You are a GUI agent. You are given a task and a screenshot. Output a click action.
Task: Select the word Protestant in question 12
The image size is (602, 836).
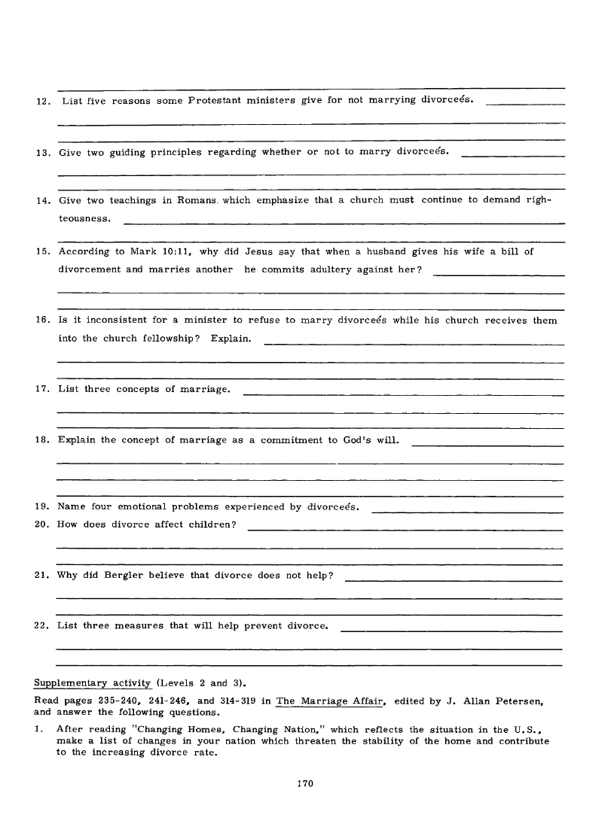(x=225, y=101)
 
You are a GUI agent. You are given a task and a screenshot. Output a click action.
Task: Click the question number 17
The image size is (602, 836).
(x=41, y=390)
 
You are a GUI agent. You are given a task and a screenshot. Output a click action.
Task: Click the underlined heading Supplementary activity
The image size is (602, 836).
(x=93, y=683)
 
